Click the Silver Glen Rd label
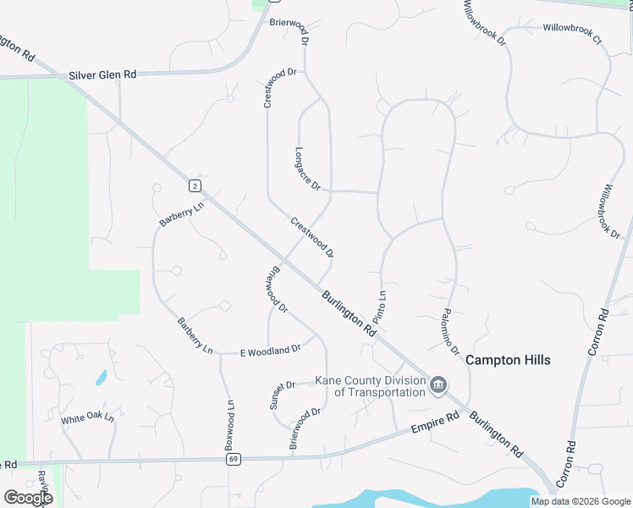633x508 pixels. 101,75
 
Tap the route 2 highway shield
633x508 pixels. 195,185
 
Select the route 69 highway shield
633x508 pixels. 232,459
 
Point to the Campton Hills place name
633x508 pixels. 508,360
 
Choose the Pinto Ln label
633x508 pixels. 381,310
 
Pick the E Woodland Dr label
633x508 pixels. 271,350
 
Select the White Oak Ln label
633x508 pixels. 87,419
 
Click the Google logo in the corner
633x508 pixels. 28,498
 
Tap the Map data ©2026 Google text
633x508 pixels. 581,501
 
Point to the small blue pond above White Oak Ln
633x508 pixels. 101,377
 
